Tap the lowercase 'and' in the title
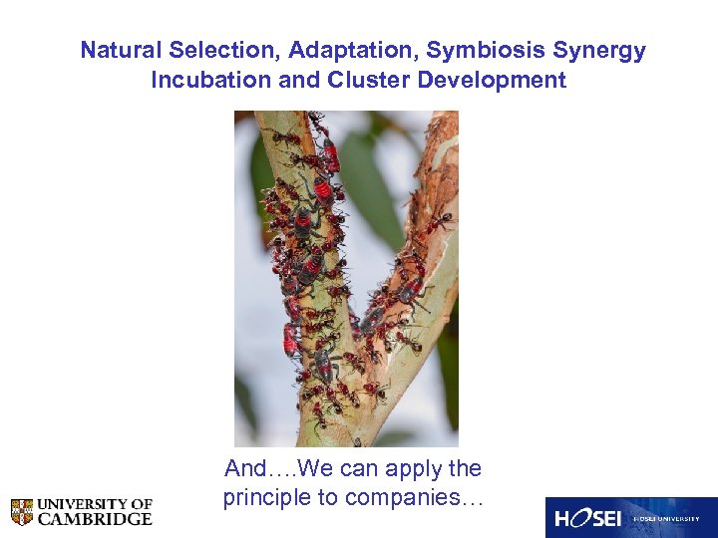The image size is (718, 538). tap(298, 80)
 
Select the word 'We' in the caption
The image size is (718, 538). tap(314, 468)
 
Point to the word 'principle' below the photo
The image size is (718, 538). tap(265, 498)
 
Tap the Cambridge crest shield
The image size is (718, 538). tap(22, 512)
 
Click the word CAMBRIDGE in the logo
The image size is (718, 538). tap(96, 519)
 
